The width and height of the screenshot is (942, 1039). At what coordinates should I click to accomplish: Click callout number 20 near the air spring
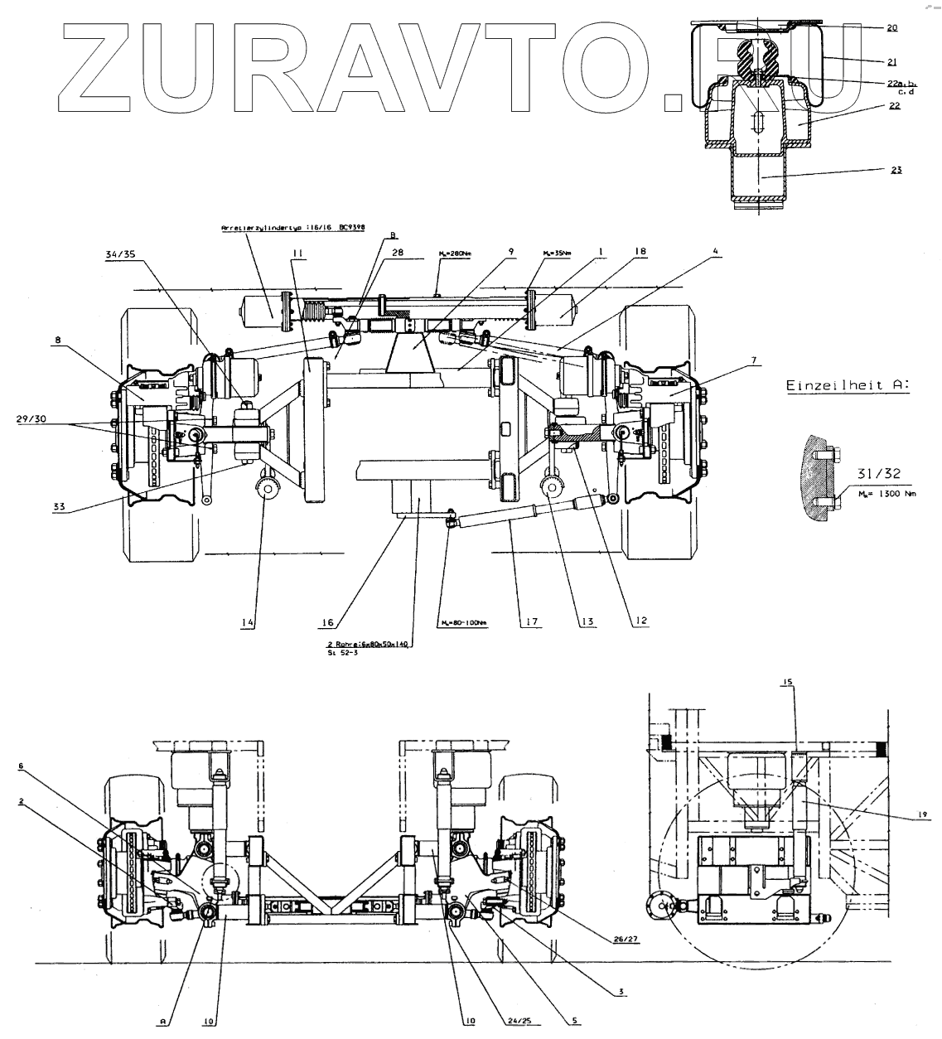click(891, 27)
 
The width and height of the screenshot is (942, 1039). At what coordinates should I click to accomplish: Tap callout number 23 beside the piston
click(896, 170)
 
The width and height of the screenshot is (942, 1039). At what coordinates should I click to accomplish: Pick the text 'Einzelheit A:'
click(846, 385)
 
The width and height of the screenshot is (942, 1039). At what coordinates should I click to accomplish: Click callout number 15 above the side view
click(788, 682)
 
